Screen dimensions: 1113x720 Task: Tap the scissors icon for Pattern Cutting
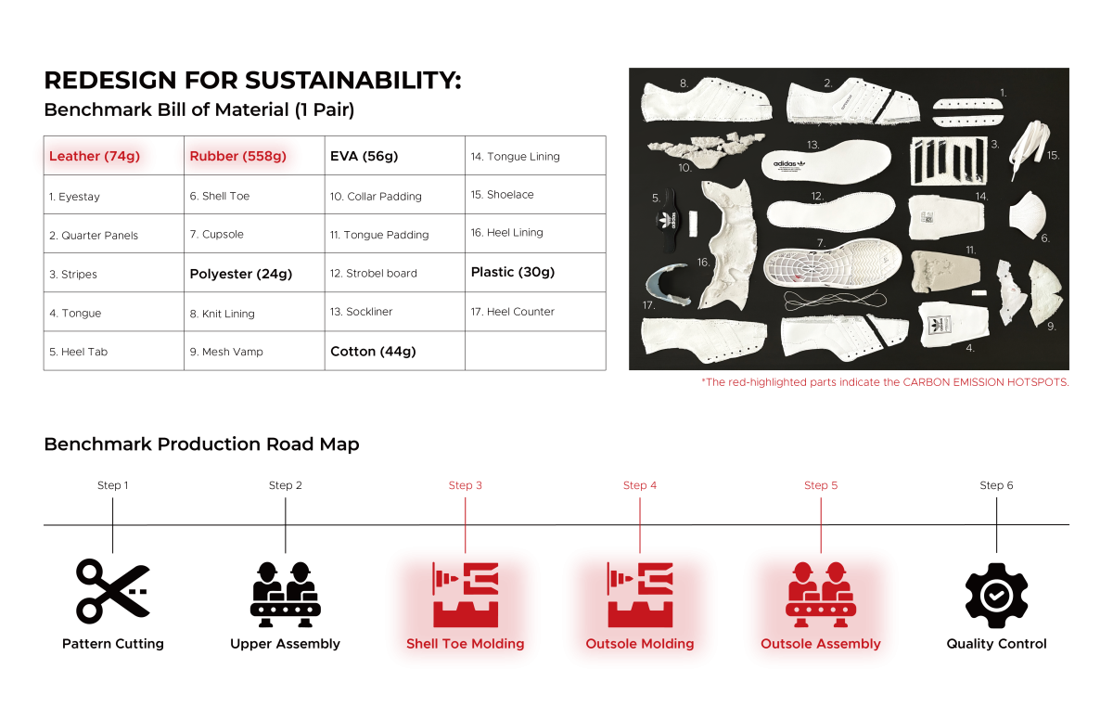click(x=113, y=591)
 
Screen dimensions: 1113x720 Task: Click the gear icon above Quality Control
click(x=996, y=595)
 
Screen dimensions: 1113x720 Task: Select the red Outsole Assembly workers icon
click(x=820, y=595)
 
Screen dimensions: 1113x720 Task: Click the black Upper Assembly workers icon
click(x=286, y=595)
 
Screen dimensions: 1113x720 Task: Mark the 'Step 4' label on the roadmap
click(x=639, y=485)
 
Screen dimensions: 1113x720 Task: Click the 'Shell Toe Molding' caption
click(x=465, y=644)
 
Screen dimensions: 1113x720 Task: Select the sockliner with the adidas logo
click(x=825, y=161)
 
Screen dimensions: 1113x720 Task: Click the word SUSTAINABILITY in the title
click(x=352, y=80)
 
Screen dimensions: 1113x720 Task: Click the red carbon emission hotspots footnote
click(x=885, y=382)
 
